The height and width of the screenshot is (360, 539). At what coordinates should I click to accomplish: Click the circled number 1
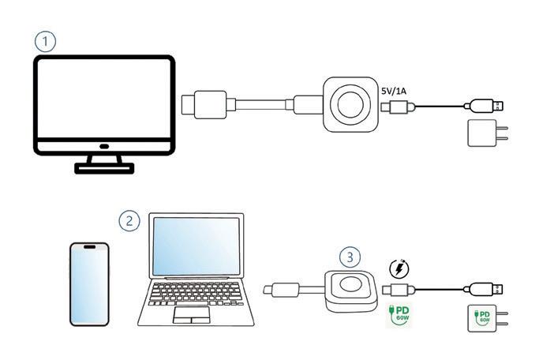pos(46,41)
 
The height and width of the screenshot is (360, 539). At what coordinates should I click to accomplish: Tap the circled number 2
pos(129,220)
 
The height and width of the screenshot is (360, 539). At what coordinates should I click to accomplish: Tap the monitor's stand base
pos(103,166)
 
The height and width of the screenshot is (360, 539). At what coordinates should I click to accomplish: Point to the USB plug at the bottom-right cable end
pos(487,289)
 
